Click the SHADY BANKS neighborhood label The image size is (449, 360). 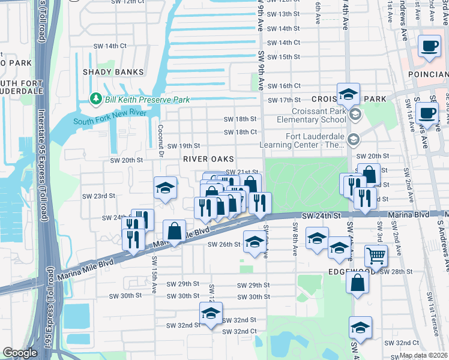[113, 72]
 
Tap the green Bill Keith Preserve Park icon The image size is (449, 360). [94, 99]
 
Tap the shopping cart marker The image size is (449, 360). [376, 256]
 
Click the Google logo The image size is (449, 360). [20, 352]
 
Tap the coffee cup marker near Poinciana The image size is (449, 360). [429, 47]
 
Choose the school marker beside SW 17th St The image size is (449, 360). [348, 94]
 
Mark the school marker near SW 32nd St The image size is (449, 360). [211, 314]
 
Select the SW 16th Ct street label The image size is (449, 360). [283, 86]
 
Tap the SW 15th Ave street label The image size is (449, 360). [154, 275]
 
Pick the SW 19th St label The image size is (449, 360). [183, 146]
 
